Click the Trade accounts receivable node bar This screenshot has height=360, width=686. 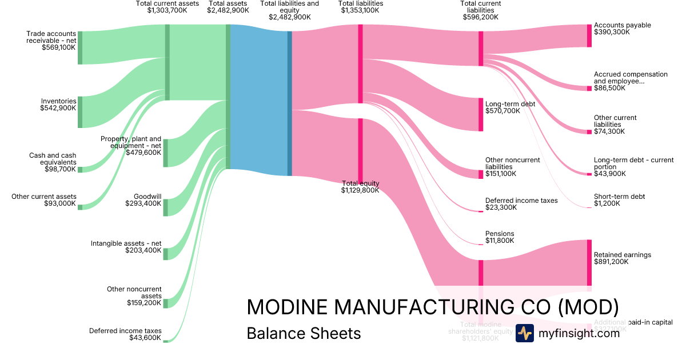tap(80, 48)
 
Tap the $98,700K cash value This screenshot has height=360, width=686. tap(60, 169)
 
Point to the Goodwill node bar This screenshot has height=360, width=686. tap(165, 207)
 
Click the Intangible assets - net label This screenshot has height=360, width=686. tap(126, 243)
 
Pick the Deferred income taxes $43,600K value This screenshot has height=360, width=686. tap(145, 338)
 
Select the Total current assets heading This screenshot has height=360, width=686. tap(167, 3)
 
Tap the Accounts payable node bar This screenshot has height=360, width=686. tap(589, 35)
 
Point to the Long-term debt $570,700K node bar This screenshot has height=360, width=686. tap(481, 114)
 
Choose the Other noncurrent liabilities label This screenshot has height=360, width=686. tap(512, 163)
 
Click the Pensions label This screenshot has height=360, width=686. tap(500, 234)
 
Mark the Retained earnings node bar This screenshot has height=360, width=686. tap(589, 262)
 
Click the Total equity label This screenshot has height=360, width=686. tap(360, 183)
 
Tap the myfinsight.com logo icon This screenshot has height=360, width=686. tap(524, 333)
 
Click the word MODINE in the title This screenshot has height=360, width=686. tap(287, 307)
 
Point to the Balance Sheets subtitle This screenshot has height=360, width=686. tap(304, 333)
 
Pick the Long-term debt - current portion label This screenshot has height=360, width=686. tap(626, 163)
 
